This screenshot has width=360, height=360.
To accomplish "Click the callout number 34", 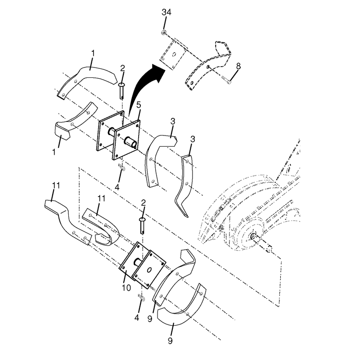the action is [x=166, y=12].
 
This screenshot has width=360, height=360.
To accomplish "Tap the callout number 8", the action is [x=238, y=66].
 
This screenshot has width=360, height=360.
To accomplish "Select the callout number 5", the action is [x=139, y=105].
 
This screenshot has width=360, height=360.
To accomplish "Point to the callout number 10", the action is [x=126, y=288].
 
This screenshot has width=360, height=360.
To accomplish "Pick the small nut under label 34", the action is [x=164, y=32].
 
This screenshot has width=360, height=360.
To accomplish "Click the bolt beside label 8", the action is [x=227, y=81].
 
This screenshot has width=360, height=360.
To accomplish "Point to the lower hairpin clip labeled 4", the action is [x=141, y=298].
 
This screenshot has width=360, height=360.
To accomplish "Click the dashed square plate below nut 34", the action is [x=174, y=54].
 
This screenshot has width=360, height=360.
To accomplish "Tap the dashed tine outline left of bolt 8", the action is [x=208, y=65].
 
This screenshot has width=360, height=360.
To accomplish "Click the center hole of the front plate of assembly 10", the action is [x=149, y=270].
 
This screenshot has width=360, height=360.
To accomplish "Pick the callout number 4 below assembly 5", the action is [x=117, y=187].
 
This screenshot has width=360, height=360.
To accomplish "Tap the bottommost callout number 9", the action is [x=170, y=341].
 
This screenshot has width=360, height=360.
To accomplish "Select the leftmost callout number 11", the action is [x=56, y=185].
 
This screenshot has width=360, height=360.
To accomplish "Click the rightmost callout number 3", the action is [x=193, y=139].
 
